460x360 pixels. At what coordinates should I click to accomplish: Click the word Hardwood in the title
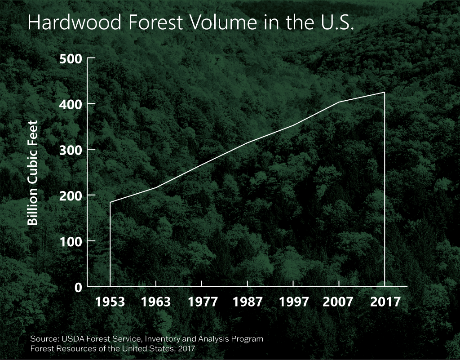point(75,22)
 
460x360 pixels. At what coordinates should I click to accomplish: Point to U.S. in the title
point(337,22)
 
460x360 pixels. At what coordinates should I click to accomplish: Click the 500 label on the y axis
point(71,59)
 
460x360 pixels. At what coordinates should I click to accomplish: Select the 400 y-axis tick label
point(71,104)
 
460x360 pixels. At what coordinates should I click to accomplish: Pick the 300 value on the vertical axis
point(71,150)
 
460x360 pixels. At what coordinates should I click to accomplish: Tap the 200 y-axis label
point(71,196)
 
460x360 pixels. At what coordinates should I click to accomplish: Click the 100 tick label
point(71,241)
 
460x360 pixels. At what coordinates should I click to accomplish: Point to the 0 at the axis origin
point(78,287)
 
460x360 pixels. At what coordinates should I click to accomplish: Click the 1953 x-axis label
point(110,302)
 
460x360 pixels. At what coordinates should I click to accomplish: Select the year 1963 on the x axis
point(156,302)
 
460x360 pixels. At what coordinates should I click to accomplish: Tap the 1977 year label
point(203,302)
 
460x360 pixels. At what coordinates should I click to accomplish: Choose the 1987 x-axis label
point(248,302)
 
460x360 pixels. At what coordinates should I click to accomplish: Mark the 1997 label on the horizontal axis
point(294,302)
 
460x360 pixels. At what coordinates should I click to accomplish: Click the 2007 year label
point(338,302)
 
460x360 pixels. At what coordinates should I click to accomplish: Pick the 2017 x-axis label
point(385,302)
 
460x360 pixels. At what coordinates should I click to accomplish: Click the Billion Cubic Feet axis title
point(32,173)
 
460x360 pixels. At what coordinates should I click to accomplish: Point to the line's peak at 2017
point(385,92)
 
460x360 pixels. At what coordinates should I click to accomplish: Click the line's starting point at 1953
point(110,202)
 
